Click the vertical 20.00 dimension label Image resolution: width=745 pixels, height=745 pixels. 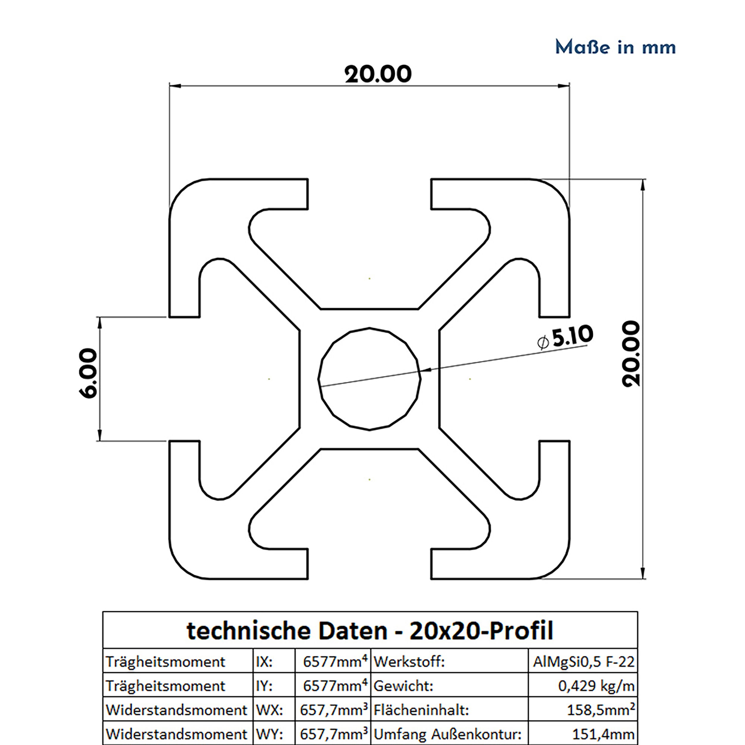[x=631, y=354]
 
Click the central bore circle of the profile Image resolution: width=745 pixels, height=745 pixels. [x=370, y=379]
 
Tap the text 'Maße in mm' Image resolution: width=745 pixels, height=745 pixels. [x=615, y=47]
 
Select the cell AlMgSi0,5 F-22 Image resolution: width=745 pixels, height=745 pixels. [x=583, y=662]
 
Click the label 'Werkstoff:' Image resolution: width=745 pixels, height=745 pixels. [x=409, y=662]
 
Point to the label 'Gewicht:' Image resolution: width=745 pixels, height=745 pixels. [x=403, y=686]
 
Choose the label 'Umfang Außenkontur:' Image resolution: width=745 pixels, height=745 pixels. [x=447, y=734]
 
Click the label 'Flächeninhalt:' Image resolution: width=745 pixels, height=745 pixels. [x=421, y=710]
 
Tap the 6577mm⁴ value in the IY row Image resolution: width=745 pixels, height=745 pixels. [x=334, y=686]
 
